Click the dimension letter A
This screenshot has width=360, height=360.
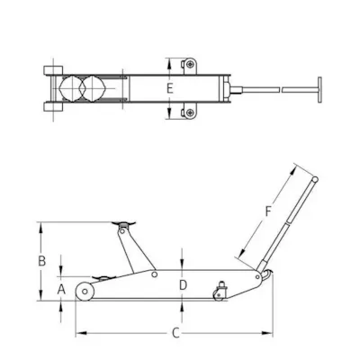coord(61,290)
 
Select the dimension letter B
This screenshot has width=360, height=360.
coord(42,261)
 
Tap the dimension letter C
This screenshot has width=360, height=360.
coord(175,333)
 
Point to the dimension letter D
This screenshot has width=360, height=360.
coord(183,285)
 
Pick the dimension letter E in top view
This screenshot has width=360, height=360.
coord(170,89)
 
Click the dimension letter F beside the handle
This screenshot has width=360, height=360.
coord(268,211)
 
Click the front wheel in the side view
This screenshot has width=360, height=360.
coord(85,291)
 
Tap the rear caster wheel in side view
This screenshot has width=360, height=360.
coord(219,295)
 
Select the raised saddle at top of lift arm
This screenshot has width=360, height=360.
coord(123,223)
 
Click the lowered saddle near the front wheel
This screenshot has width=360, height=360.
coord(101,278)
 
